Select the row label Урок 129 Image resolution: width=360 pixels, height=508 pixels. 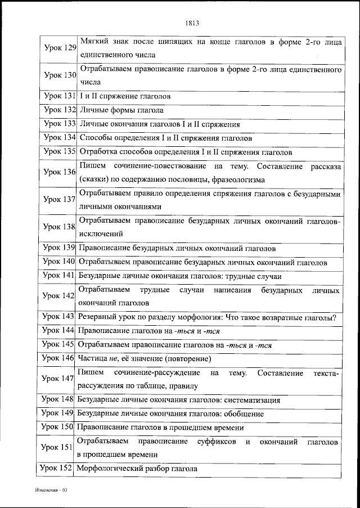click(60, 48)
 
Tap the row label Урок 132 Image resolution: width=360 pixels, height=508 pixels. click(60, 110)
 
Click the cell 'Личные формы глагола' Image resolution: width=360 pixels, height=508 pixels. click(121, 110)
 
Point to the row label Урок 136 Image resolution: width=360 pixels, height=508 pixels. click(60, 172)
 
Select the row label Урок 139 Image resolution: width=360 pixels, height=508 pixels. click(60, 248)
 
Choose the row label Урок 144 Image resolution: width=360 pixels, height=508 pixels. click(60, 331)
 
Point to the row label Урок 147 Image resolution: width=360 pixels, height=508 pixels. click(60, 379)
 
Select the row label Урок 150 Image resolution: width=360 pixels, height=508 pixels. click(60, 428)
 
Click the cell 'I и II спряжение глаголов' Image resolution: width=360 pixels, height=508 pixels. click(125, 96)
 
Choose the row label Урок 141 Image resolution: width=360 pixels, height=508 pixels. click(60, 276)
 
